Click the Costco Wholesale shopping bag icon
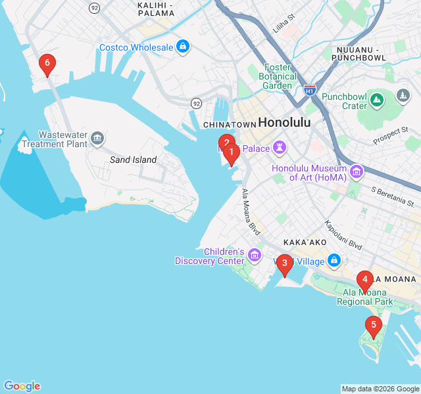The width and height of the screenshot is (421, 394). tap(183, 47)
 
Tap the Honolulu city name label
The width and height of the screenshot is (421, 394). tap(284, 122)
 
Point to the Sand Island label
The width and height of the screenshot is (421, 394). tap(133, 160)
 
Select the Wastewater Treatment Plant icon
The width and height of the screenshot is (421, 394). tap(97, 137)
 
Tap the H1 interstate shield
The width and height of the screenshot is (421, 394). tap(309, 90)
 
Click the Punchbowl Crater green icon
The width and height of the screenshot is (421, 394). tap(376, 100)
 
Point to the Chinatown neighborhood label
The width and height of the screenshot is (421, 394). tap(229, 125)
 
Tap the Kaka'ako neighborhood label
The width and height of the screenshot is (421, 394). tap(305, 242)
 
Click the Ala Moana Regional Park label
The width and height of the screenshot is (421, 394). tap(364, 297)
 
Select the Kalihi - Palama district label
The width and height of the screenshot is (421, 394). tap(155, 9)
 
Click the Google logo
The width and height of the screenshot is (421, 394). tap(22, 386)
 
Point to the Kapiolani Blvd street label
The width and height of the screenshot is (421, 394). tap(343, 234)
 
